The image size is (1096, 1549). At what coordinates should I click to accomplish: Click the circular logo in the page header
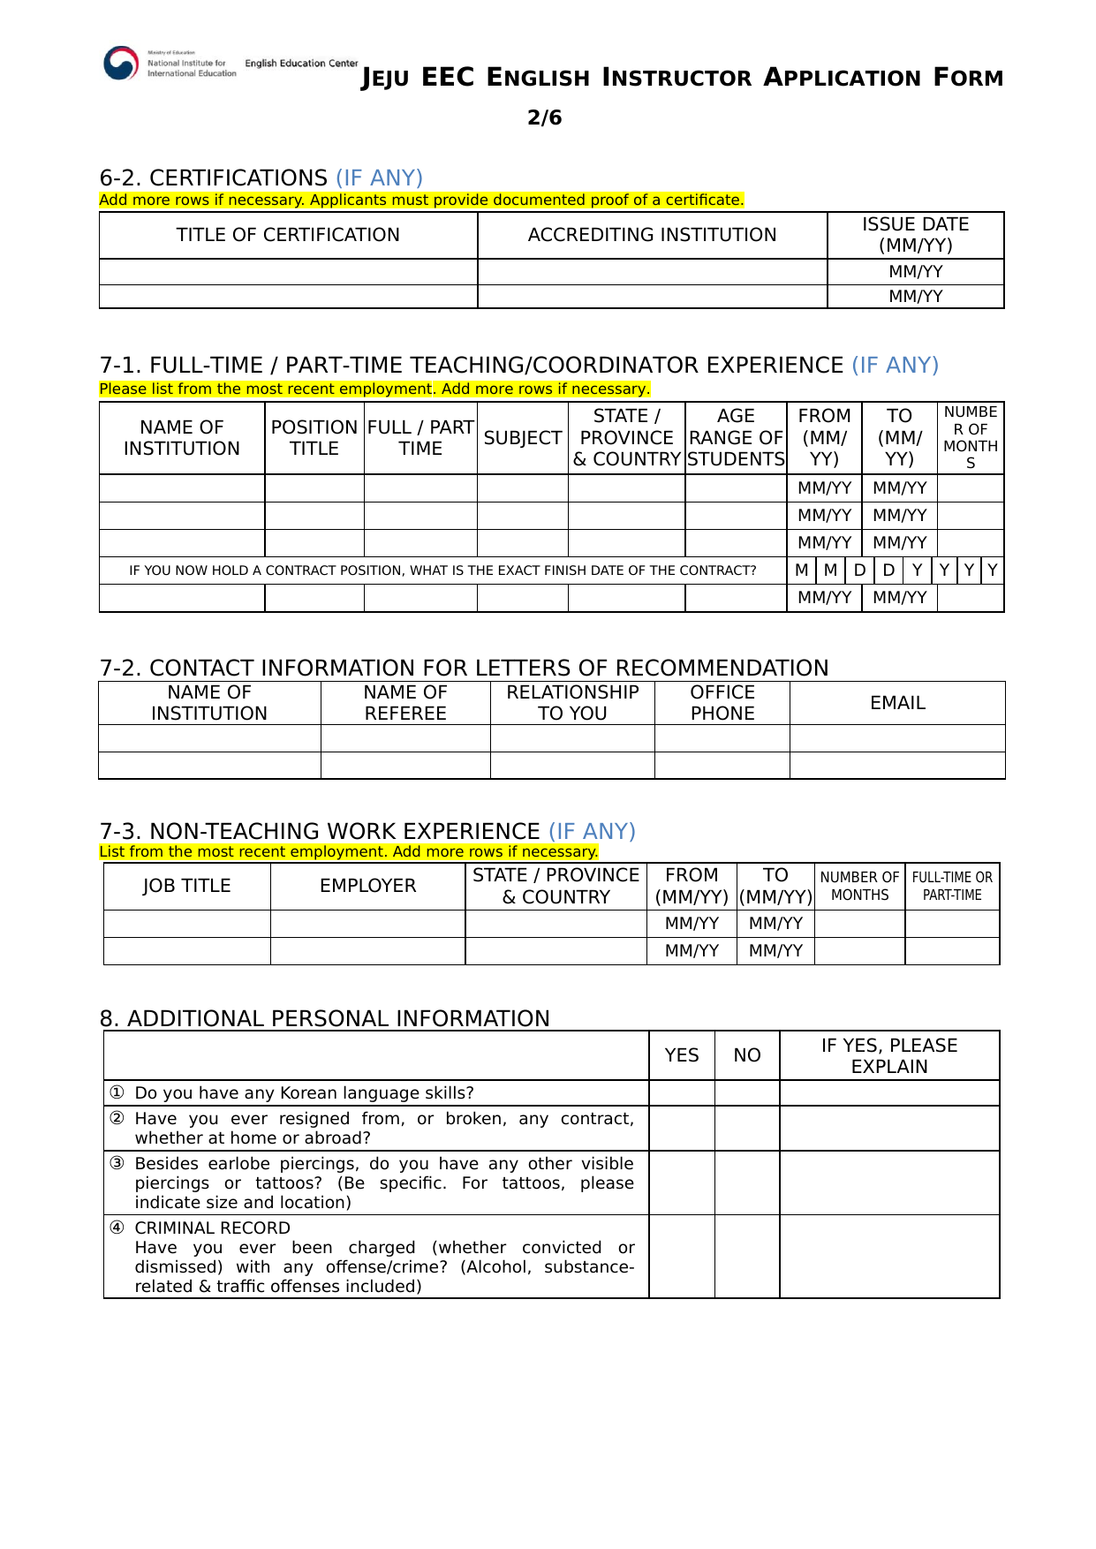pyautogui.click(x=121, y=64)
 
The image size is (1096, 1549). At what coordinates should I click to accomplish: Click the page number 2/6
pyautogui.click(x=544, y=117)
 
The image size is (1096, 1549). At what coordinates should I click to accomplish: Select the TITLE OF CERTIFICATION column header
pyautogui.click(x=288, y=235)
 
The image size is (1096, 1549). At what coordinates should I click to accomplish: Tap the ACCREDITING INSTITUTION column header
pyautogui.click(x=652, y=235)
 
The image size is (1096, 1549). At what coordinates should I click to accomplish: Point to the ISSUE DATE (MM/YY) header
pyautogui.click(x=915, y=235)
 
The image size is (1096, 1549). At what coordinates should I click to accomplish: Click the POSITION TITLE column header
pyautogui.click(x=314, y=438)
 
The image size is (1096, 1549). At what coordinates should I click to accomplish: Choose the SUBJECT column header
pyautogui.click(x=522, y=438)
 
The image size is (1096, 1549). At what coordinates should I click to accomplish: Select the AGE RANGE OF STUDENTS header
pyautogui.click(x=736, y=438)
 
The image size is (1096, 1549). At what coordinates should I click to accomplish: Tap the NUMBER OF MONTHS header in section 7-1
pyautogui.click(x=970, y=438)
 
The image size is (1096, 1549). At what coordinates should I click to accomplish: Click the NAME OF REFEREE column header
pyautogui.click(x=405, y=703)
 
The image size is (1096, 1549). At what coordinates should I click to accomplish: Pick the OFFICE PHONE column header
pyautogui.click(x=722, y=703)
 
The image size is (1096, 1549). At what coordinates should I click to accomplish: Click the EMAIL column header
pyautogui.click(x=897, y=703)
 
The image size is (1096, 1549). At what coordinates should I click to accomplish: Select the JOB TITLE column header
pyautogui.click(x=186, y=886)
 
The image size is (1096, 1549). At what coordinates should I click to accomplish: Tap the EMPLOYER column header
pyautogui.click(x=367, y=886)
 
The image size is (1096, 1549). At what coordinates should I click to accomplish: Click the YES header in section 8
pyautogui.click(x=682, y=1055)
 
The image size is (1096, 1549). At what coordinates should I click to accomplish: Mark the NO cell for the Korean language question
pyautogui.click(x=747, y=1093)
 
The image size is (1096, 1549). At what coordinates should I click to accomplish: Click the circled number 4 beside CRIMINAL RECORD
pyautogui.click(x=117, y=1228)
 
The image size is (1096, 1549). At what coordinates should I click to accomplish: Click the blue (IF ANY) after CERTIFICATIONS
pyautogui.click(x=379, y=178)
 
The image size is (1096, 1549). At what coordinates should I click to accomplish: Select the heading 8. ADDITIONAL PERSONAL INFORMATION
pyautogui.click(x=324, y=1018)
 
